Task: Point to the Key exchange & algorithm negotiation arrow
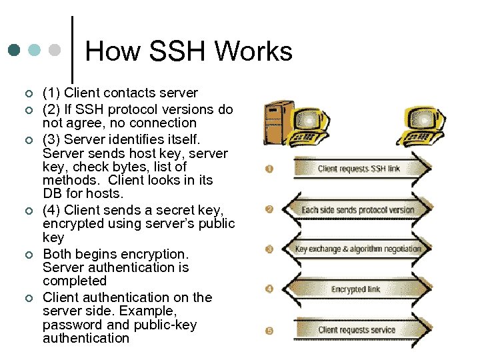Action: [x=359, y=249]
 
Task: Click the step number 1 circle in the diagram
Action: [x=269, y=169]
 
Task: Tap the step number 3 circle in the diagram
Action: [x=269, y=249]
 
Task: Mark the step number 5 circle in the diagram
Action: [x=269, y=329]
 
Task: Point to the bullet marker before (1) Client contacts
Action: [x=27, y=93]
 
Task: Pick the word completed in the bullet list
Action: [x=74, y=281]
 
